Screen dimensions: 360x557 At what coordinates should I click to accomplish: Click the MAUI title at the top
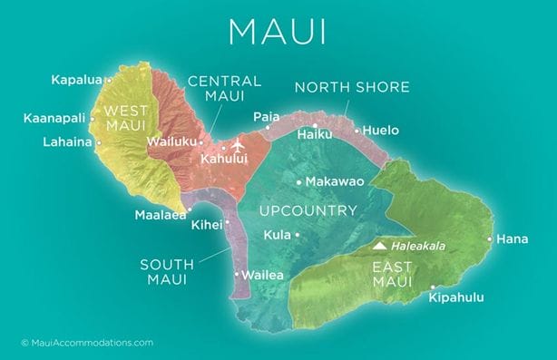278,31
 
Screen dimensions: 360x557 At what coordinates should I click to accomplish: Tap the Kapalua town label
77,80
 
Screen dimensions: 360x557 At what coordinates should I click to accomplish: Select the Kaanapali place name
54,118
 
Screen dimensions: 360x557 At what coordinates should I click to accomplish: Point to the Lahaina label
66,142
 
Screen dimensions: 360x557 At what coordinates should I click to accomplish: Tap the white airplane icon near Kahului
239,146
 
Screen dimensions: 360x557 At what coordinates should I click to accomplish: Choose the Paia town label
267,117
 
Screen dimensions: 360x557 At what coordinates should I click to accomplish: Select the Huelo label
381,131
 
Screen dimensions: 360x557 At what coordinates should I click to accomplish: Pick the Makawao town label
335,182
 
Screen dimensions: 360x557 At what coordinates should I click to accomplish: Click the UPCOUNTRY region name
308,211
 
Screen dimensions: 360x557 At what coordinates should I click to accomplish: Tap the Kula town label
277,236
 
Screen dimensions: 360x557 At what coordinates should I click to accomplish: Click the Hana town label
513,239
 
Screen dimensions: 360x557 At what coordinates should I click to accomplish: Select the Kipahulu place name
456,297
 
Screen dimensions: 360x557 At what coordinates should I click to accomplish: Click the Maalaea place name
161,216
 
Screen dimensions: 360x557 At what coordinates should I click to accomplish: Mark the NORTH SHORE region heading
352,88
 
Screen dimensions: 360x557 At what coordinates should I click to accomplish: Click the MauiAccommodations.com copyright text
86,343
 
